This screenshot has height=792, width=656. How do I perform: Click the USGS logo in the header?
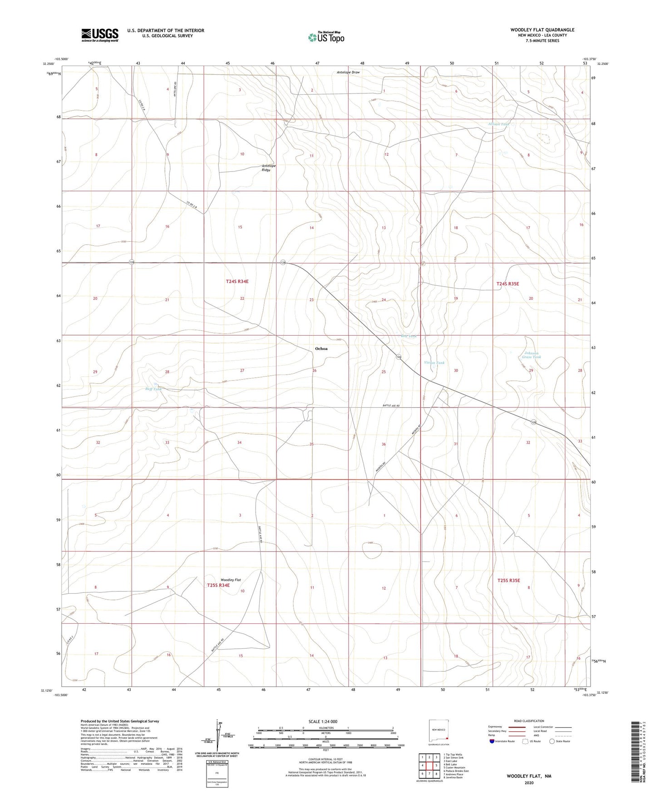coord(100,34)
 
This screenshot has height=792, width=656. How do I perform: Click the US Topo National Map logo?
coord(326,37)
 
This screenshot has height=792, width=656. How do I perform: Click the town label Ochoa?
coord(321,349)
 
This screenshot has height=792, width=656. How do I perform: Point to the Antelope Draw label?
coord(348,72)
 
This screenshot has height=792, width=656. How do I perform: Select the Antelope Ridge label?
coord(269,168)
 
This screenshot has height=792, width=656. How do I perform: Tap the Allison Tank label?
coord(499,124)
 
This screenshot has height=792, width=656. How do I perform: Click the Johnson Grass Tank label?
coord(531,355)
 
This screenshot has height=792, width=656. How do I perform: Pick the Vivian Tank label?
coord(434,363)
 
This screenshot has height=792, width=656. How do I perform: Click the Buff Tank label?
coord(153,389)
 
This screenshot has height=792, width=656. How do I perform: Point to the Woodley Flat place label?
coord(231,580)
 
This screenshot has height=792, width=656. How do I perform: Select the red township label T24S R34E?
coord(237,282)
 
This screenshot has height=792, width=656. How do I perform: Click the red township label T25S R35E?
coord(508,580)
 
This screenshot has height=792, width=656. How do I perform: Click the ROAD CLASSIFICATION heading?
coord(529,721)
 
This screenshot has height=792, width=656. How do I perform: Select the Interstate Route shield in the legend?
coord(493,741)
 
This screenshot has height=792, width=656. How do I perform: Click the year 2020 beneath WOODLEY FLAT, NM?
coord(528,782)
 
